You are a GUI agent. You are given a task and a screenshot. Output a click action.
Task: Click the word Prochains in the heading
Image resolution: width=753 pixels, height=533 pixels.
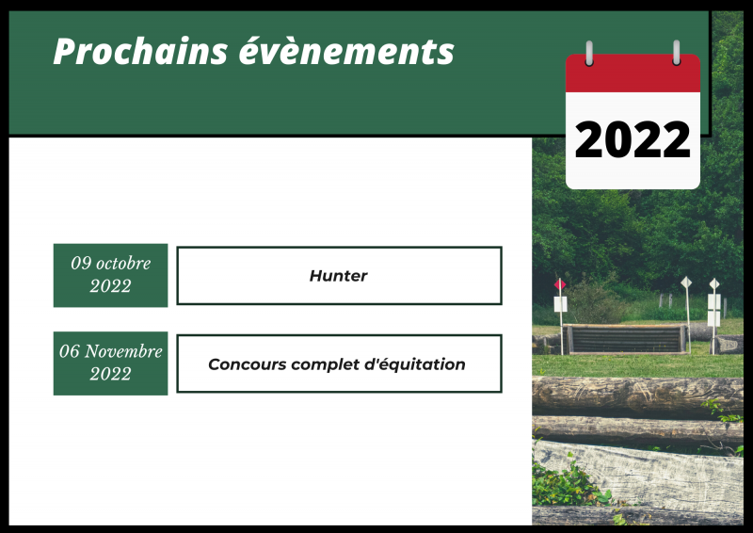(x=140, y=51)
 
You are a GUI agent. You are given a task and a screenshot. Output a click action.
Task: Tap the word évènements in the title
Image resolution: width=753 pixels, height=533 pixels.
(x=346, y=51)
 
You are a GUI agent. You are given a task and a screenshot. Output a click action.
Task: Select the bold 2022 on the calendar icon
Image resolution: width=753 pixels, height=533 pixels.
(x=633, y=139)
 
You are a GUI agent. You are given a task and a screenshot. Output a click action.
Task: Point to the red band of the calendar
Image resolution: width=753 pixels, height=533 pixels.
(x=633, y=73)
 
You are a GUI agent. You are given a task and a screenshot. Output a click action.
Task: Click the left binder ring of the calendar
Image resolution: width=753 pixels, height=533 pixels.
(x=589, y=53)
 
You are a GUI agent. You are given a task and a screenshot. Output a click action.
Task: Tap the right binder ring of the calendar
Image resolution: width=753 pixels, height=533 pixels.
(x=676, y=53)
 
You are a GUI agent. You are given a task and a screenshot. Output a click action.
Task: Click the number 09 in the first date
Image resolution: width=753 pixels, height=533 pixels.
(x=81, y=263)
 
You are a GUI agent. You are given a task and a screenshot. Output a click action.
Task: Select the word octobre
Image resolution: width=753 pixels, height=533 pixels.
(x=123, y=263)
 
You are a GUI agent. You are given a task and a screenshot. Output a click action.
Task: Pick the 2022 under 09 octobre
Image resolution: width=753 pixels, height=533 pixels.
(x=110, y=286)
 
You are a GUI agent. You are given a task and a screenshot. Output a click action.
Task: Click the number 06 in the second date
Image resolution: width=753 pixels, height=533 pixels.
(x=69, y=351)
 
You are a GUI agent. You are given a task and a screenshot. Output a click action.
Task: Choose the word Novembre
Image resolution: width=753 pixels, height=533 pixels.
(x=124, y=351)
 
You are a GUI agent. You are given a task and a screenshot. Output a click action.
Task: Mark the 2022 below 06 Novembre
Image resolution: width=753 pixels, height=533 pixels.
(x=110, y=374)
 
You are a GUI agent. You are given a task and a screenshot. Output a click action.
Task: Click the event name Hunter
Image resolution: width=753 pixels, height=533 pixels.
(x=339, y=276)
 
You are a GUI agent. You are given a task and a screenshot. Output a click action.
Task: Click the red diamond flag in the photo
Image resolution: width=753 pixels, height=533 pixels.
(x=559, y=284)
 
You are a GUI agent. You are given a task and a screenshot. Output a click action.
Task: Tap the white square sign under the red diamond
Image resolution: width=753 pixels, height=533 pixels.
(x=560, y=304)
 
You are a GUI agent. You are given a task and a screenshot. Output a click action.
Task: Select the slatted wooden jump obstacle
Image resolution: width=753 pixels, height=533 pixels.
(x=626, y=339)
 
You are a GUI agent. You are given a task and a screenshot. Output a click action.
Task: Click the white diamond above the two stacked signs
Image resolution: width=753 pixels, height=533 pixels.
(x=714, y=284)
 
